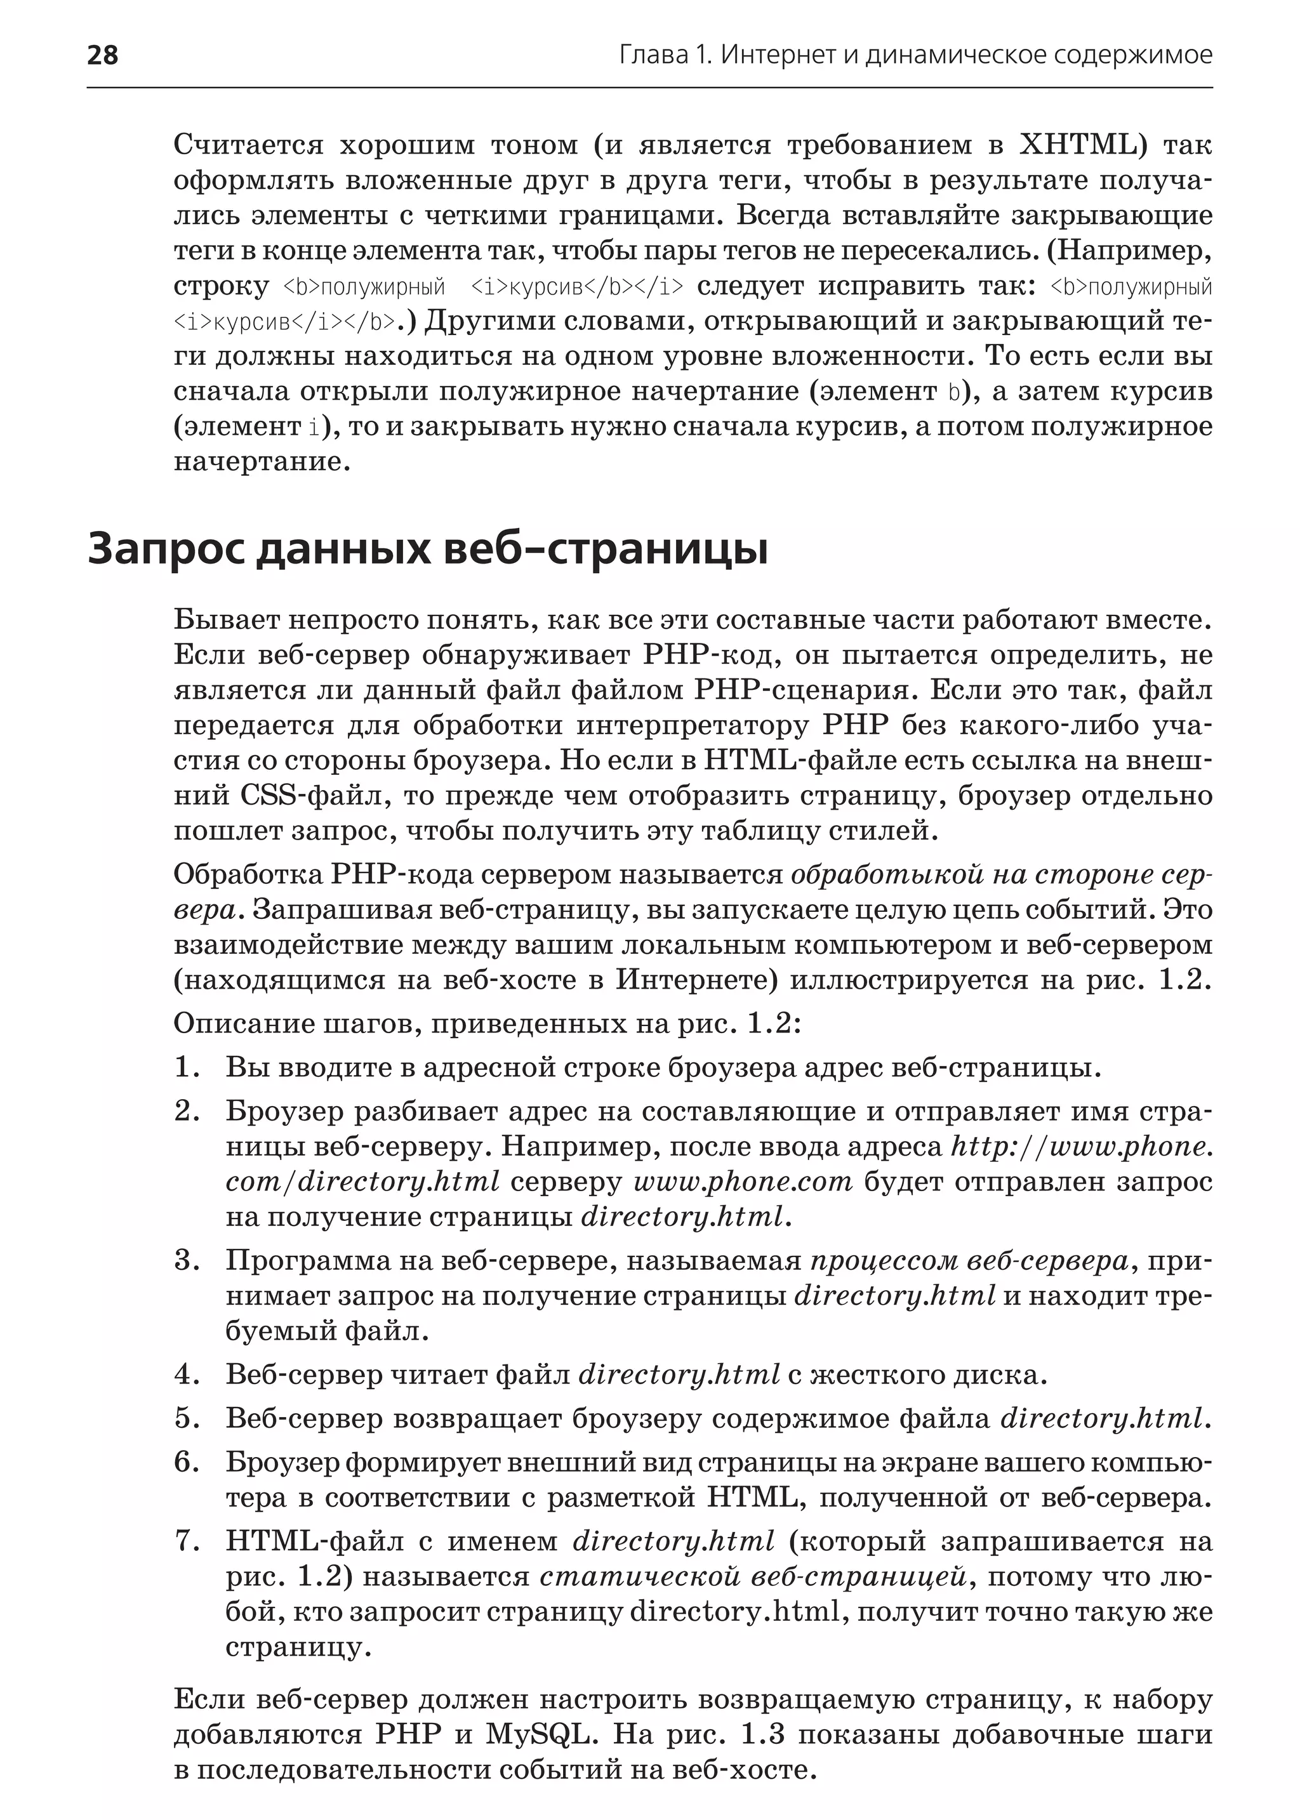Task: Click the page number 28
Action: tap(102, 55)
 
